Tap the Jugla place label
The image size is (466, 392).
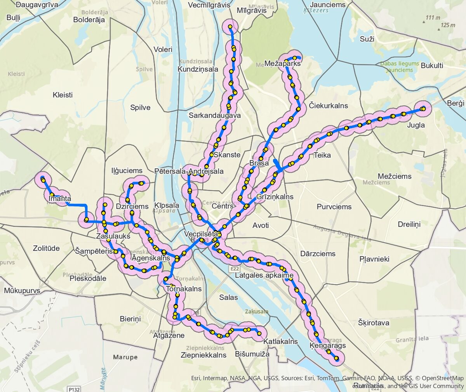[x=416, y=125]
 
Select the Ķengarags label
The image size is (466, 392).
[x=328, y=345]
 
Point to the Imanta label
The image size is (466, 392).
[x=60, y=199]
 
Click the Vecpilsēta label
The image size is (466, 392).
[x=201, y=234]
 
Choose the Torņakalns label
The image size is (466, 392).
[x=184, y=289]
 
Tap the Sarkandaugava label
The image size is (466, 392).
[x=215, y=115]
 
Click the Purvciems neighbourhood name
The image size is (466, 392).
[x=334, y=206]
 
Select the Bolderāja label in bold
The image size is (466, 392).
[x=89, y=20]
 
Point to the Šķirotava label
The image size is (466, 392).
[x=374, y=323]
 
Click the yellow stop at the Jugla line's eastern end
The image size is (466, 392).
[x=423, y=109]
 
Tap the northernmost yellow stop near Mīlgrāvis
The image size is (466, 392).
[x=230, y=27]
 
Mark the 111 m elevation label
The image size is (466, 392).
[x=433, y=17]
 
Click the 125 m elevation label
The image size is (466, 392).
[x=447, y=25]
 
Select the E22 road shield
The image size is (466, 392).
[x=234, y=269]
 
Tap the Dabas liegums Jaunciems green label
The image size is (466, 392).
[x=400, y=67]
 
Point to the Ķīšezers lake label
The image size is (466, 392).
[x=316, y=10]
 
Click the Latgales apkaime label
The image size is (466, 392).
[x=264, y=276]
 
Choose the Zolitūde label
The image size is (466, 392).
[x=46, y=248]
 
